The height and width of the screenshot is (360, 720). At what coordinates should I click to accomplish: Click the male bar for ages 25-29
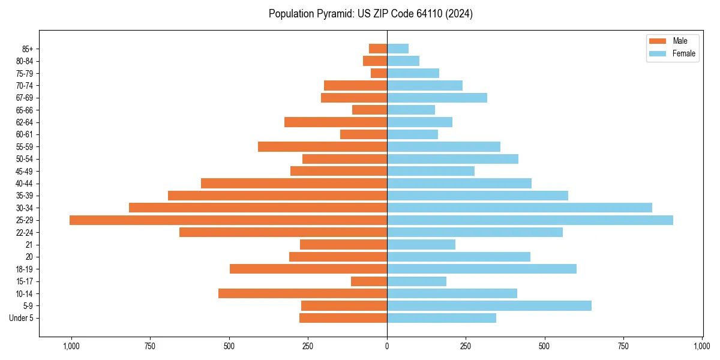(228, 220)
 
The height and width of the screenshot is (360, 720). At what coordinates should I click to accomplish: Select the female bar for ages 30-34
(520, 208)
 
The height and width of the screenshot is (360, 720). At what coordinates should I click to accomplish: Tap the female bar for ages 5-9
(489, 306)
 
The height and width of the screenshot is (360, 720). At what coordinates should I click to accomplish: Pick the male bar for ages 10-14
(302, 293)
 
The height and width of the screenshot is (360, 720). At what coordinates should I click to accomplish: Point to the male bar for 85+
(378, 49)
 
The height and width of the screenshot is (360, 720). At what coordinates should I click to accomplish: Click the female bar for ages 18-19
(482, 269)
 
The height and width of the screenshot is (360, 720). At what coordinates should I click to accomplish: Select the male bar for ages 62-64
(335, 122)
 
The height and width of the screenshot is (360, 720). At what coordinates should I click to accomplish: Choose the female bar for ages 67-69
(437, 98)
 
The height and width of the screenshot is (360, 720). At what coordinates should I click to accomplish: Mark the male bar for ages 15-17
(369, 281)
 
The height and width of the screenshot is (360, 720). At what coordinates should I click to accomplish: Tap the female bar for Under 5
(442, 318)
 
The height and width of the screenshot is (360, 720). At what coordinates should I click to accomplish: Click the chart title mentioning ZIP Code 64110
(371, 14)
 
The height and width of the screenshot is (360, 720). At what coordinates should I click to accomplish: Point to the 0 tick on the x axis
(387, 346)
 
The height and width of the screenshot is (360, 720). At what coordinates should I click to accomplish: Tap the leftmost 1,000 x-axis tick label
(71, 346)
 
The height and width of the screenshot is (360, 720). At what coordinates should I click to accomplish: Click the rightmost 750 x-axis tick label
(623, 346)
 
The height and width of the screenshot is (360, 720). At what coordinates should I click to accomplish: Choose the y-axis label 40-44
(25, 184)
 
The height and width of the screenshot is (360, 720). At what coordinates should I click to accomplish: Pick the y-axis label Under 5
(21, 318)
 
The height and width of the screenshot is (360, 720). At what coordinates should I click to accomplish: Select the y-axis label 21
(29, 245)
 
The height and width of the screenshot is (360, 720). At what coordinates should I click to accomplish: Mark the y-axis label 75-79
(25, 73)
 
